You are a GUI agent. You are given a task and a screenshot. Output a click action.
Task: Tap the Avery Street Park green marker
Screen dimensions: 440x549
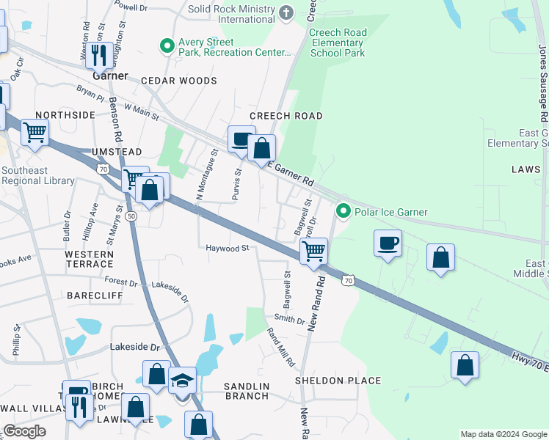(168, 47)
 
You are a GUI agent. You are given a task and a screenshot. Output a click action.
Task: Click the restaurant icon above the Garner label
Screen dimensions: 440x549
(99, 54)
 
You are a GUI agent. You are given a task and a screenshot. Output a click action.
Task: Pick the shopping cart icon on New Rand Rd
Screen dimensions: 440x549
(313, 251)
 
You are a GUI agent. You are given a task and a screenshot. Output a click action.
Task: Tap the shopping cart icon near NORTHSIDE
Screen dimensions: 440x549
(34, 133)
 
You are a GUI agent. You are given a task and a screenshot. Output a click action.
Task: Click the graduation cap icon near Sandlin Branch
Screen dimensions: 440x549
(182, 381)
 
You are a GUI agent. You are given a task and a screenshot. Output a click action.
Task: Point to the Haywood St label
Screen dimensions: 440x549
(228, 249)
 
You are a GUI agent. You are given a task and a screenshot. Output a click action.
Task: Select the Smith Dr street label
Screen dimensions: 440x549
(289, 320)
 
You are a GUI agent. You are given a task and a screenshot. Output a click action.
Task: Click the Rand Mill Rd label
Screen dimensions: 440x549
(281, 348)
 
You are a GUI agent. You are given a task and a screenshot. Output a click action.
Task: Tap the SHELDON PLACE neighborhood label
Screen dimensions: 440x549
(338, 381)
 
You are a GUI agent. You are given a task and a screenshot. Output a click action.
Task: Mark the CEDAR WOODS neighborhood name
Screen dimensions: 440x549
(179, 81)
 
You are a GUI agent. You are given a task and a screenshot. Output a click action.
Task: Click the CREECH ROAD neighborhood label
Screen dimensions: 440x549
(286, 117)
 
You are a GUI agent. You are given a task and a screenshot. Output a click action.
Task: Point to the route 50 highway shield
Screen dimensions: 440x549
(131, 216)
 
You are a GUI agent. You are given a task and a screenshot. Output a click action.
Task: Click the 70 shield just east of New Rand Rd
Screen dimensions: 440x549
(349, 280)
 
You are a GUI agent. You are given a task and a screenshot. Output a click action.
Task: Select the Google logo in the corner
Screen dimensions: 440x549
(24, 430)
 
